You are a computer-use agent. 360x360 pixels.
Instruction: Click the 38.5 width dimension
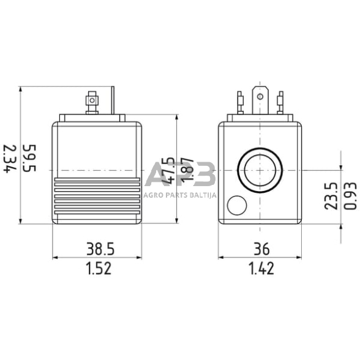point(98,249)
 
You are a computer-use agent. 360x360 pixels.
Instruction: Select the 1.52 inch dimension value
point(98,268)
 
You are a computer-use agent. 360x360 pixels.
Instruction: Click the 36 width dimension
point(261,249)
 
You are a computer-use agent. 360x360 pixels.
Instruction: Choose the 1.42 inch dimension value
point(261,268)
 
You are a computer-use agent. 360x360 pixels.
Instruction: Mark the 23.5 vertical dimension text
point(331,196)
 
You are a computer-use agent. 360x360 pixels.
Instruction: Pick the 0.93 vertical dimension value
point(350,196)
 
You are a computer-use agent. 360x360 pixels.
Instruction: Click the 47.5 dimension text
point(167,171)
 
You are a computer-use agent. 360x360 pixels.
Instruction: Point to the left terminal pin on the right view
point(241,102)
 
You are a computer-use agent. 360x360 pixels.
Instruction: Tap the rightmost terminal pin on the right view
point(280,102)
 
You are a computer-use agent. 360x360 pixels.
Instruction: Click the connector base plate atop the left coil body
point(92,118)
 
